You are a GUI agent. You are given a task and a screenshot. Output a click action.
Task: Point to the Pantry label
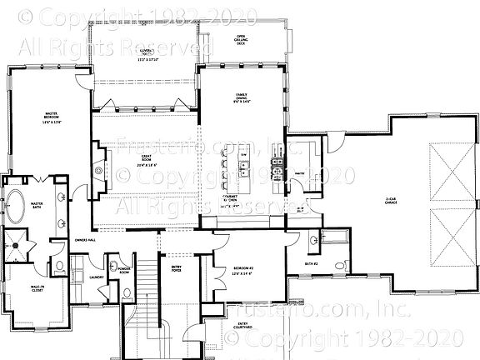point(297,174)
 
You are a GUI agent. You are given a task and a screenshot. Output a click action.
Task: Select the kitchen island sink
point(244,173)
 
